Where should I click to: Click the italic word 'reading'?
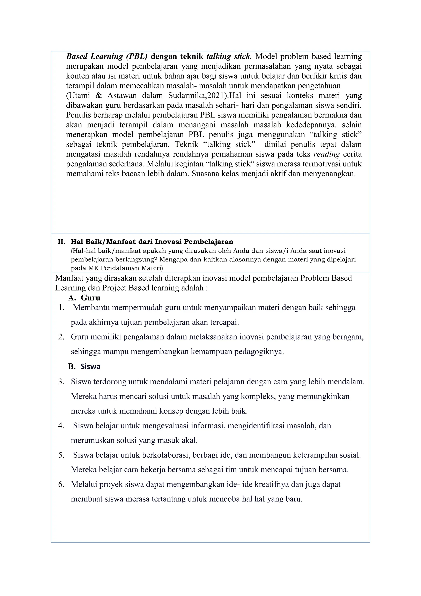click(x=327, y=154)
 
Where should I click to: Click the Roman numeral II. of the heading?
click(x=61, y=242)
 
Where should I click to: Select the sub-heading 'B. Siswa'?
click(x=84, y=366)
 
